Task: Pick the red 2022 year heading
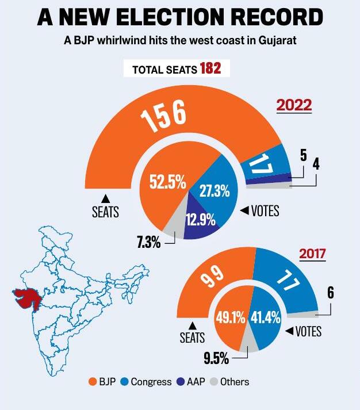(294, 106)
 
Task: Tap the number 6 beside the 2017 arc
(330, 292)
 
